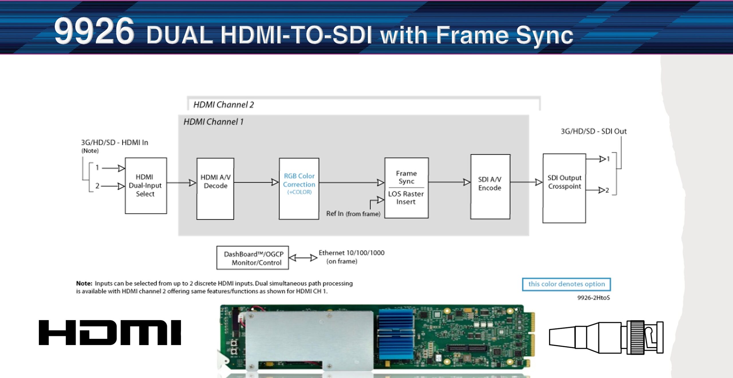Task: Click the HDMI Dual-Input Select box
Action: pyautogui.click(x=146, y=186)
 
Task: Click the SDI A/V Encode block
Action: pyautogui.click(x=490, y=186)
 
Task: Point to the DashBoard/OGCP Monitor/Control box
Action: pyautogui.click(x=253, y=258)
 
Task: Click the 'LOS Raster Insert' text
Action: pyautogui.click(x=406, y=198)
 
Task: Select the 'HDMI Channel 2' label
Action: pyautogui.click(x=224, y=105)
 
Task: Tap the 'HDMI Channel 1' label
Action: pyautogui.click(x=213, y=122)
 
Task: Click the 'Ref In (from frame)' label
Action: pyautogui.click(x=353, y=214)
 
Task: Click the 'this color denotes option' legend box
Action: pyautogui.click(x=566, y=284)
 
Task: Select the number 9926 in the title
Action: pyautogui.click(x=94, y=31)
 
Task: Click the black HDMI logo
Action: pyautogui.click(x=110, y=332)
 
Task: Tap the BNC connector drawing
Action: pyautogui.click(x=606, y=337)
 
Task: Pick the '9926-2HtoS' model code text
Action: pyautogui.click(x=593, y=298)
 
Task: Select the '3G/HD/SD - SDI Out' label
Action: pyautogui.click(x=594, y=131)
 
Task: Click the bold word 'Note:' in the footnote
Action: pyautogui.click(x=84, y=283)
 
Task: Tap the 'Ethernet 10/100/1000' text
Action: pyautogui.click(x=351, y=253)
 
